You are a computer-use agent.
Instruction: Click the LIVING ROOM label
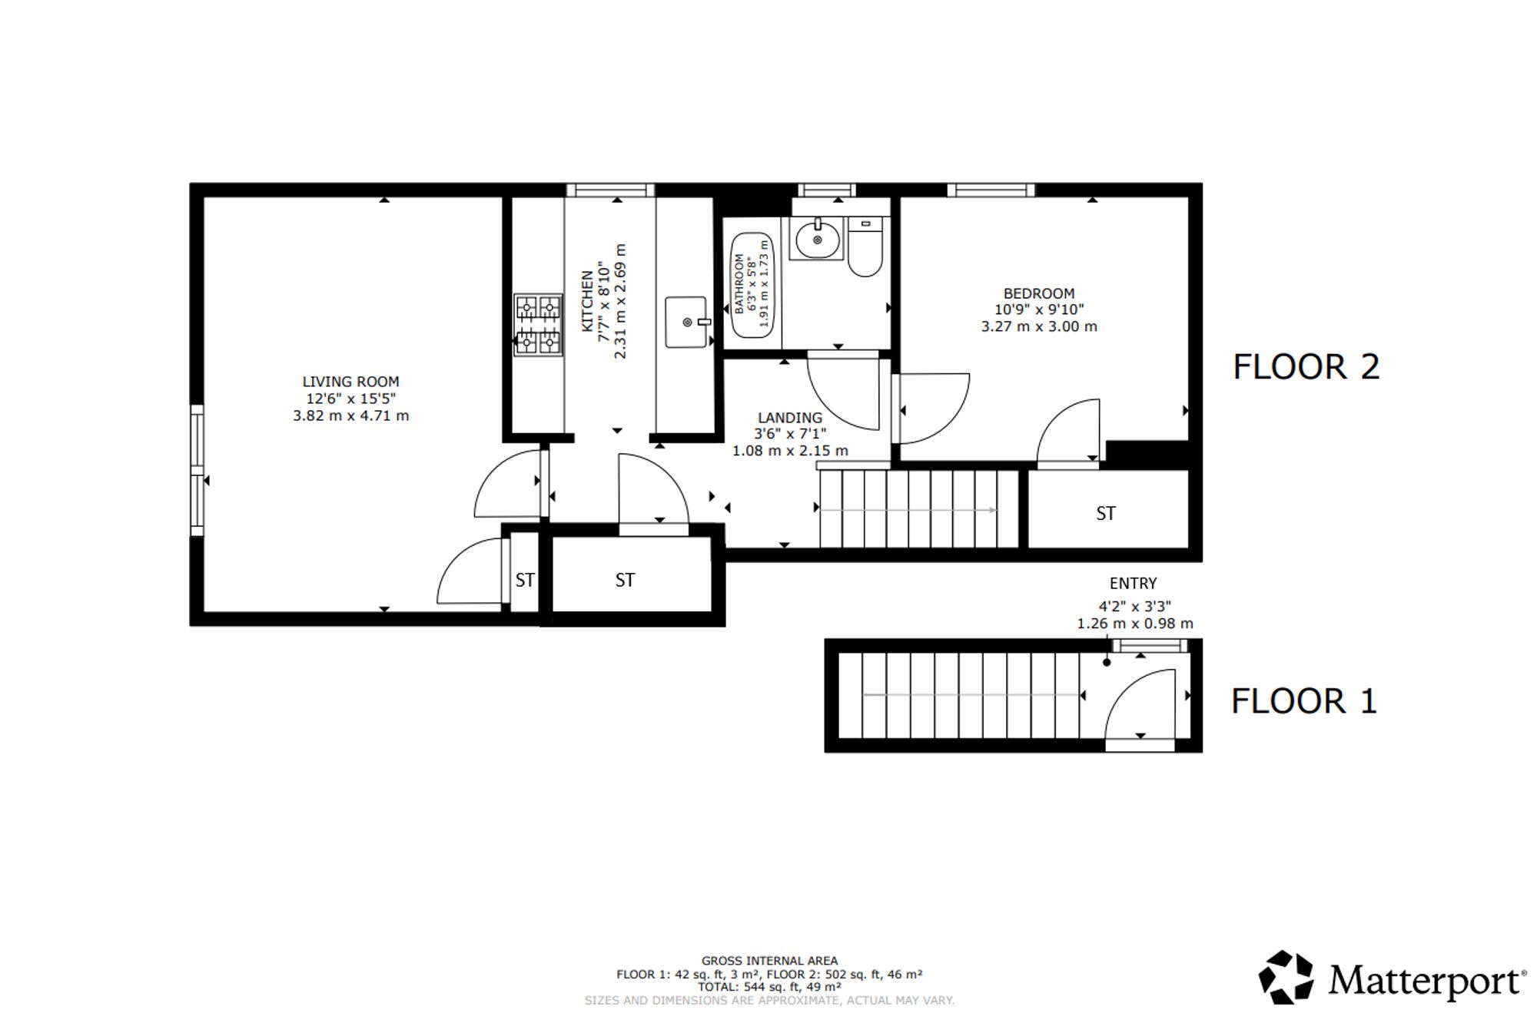point(350,382)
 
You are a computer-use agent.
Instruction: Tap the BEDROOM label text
point(1039,293)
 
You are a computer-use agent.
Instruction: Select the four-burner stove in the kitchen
point(538,325)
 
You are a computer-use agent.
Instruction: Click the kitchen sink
point(686,323)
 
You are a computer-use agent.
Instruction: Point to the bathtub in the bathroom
point(752,285)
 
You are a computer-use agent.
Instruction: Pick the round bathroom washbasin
point(816,240)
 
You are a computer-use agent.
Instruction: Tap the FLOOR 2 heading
point(1306,367)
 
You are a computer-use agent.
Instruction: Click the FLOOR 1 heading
point(1304,701)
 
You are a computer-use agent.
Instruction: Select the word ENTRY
point(1133,584)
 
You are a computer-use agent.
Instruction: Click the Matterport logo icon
point(1286,977)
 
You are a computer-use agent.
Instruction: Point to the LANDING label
point(790,418)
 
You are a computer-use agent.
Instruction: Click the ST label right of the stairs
point(1106,514)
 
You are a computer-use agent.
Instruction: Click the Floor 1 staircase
point(958,695)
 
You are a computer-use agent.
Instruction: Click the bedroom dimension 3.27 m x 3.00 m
point(1039,326)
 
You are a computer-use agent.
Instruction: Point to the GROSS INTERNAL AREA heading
point(769,961)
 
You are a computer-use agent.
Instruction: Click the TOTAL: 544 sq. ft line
point(769,987)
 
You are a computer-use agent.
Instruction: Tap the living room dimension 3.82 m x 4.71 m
point(350,416)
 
